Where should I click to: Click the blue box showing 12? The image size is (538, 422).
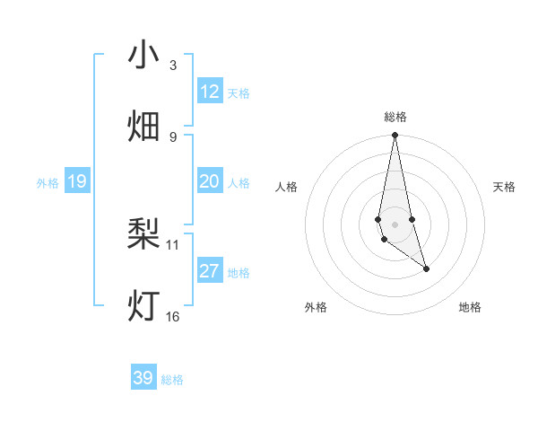(x=210, y=92)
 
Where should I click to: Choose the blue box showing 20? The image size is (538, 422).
(x=210, y=181)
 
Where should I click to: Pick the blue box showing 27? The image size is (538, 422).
(x=210, y=271)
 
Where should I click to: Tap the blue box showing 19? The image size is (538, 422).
(x=77, y=181)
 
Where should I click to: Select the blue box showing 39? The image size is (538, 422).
(x=143, y=378)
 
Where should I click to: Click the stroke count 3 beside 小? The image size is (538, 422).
(x=173, y=66)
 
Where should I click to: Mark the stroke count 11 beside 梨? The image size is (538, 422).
(x=173, y=244)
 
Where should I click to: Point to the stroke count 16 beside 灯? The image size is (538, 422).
(x=173, y=316)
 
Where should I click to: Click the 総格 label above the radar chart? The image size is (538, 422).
(x=395, y=117)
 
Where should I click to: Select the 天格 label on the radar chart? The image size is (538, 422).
(x=505, y=187)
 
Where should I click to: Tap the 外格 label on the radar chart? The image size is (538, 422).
(x=316, y=307)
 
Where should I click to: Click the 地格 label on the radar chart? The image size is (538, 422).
(x=470, y=307)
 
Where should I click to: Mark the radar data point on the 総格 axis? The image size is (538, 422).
(x=395, y=136)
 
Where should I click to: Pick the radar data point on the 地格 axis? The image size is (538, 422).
(x=426, y=268)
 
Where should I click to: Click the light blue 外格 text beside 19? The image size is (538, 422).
(x=48, y=182)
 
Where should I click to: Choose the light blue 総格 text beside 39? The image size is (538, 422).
(x=172, y=380)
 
